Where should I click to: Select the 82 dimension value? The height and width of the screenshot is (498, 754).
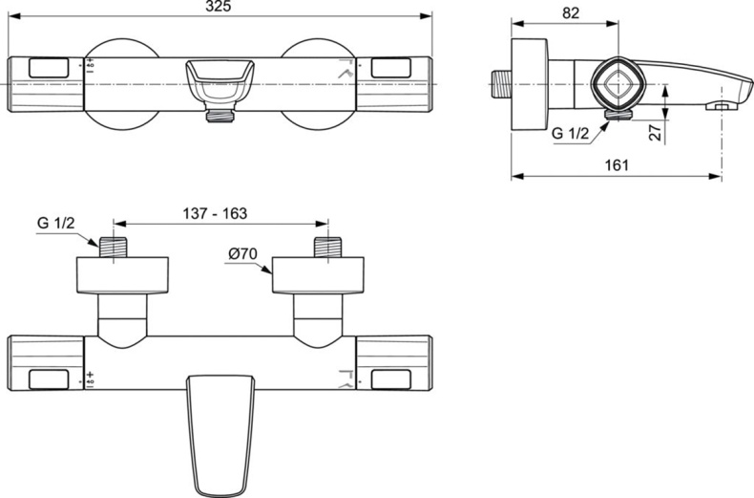coord(571,13)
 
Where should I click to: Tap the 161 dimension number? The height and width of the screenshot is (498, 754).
coord(617,164)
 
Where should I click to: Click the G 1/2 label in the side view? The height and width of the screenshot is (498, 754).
coord(571,134)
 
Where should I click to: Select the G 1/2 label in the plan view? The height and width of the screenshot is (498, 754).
coord(56,224)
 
